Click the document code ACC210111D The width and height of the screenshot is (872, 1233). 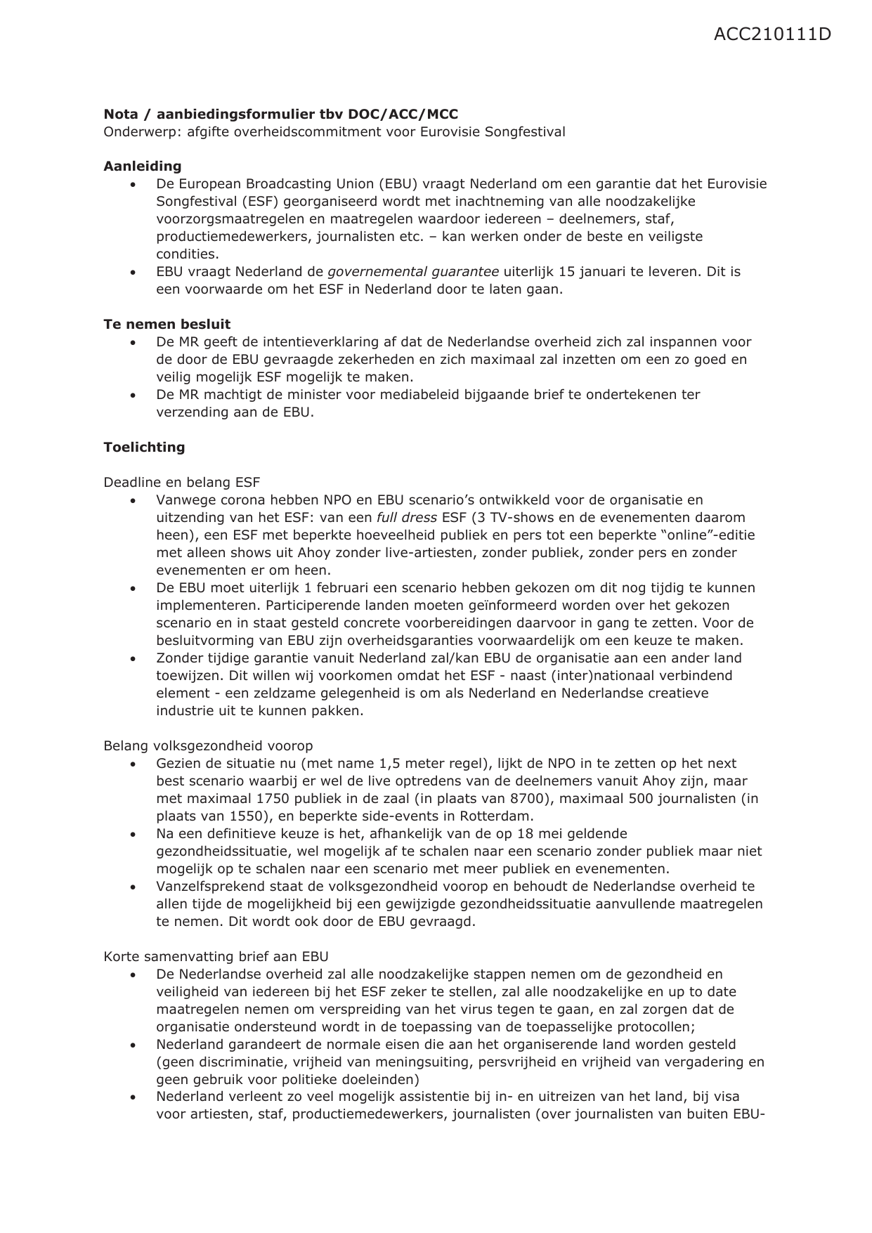coord(772,34)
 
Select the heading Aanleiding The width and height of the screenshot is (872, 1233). coord(143,167)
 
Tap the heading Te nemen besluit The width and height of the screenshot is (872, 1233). coord(167,325)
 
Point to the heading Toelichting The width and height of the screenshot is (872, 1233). coord(144,448)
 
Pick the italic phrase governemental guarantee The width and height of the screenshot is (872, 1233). coord(413,272)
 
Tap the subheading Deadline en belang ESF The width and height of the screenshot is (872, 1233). coord(181,483)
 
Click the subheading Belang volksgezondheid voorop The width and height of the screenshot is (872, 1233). coord(208,746)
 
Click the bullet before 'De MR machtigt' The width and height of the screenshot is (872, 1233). coord(134,396)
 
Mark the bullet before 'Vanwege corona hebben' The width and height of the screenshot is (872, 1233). coord(134,501)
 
